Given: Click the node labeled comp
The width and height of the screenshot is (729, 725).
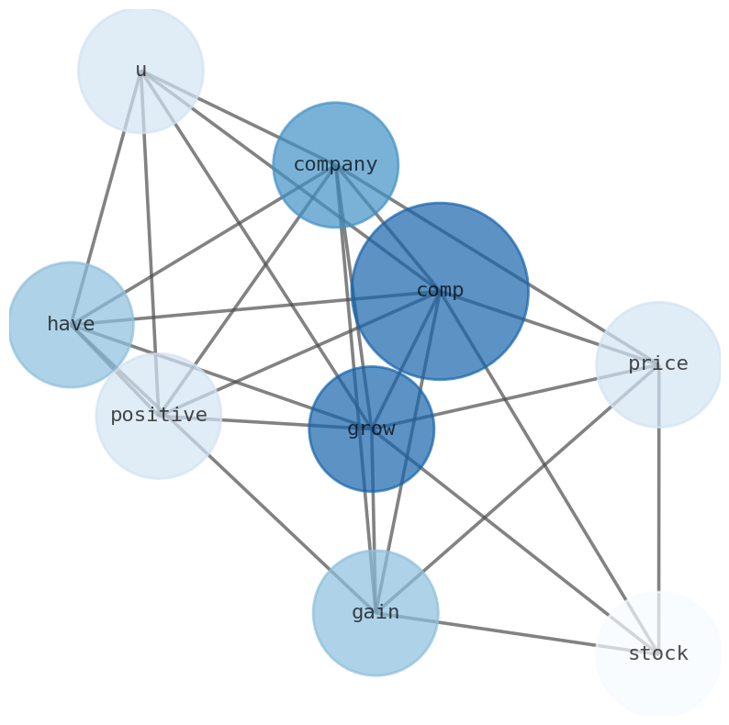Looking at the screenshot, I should click(x=440, y=291).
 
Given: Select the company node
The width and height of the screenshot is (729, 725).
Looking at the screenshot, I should click(x=336, y=165).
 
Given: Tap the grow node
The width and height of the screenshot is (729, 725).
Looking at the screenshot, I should click(x=372, y=429).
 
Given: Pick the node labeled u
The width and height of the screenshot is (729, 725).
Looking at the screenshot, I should click(x=140, y=70).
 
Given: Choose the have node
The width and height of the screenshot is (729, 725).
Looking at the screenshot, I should click(x=71, y=324).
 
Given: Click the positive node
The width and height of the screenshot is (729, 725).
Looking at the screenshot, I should click(x=159, y=416).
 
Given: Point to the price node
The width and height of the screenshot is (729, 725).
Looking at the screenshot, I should click(x=658, y=364).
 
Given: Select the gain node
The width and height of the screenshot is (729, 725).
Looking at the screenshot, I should click(x=376, y=613).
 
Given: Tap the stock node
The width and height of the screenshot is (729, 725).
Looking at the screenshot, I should click(x=658, y=653).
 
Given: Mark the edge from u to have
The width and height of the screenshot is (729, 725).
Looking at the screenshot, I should click(x=106, y=197).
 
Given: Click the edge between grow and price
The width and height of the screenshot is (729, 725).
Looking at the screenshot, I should click(x=515, y=396).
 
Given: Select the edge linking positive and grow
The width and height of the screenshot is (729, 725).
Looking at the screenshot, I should click(x=265, y=422).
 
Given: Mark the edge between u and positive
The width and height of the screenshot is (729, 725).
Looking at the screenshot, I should click(x=150, y=243).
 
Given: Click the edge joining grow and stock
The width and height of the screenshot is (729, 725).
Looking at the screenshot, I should click(x=515, y=541).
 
